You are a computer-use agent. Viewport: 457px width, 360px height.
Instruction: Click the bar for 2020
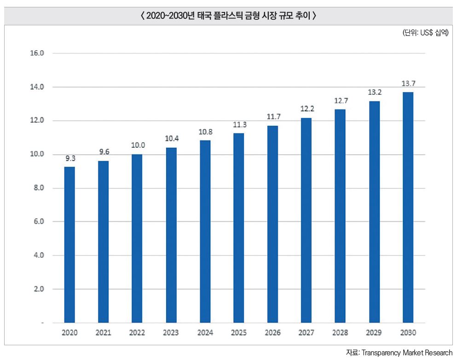[x=69, y=244]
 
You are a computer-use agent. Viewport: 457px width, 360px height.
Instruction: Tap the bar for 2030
[x=408, y=207]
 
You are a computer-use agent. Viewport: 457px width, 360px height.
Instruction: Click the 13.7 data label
[x=408, y=84]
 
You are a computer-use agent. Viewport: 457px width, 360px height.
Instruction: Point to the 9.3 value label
[x=70, y=158]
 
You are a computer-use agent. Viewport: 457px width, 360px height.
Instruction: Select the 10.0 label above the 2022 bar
[x=138, y=145]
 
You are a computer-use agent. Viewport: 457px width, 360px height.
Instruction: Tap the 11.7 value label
[x=273, y=117]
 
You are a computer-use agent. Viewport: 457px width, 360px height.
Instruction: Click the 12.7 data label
[x=340, y=100]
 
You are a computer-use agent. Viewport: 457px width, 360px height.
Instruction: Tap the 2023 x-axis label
[x=171, y=332]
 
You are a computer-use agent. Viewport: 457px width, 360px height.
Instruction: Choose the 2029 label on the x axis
[x=374, y=332]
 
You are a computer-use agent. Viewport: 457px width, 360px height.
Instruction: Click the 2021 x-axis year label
[x=103, y=332]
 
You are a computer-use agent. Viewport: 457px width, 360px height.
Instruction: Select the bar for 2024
[x=205, y=232]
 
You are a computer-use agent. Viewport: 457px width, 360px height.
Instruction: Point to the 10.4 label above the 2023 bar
[x=172, y=138]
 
